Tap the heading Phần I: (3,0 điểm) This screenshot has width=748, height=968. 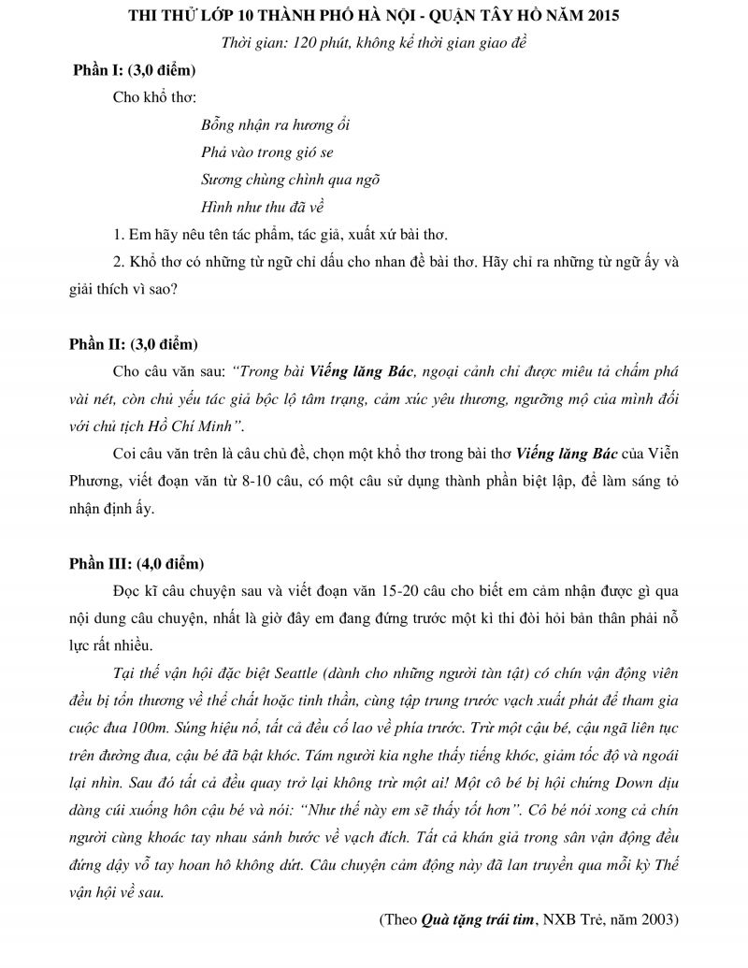[134, 70]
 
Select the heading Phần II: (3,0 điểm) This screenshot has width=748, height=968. [134, 344]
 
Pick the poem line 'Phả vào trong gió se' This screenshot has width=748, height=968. [266, 152]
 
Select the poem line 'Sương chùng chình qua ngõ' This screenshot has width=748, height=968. [290, 179]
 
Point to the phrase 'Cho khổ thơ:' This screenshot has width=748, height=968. [153, 97]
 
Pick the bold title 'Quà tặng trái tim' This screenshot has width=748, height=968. [476, 920]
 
